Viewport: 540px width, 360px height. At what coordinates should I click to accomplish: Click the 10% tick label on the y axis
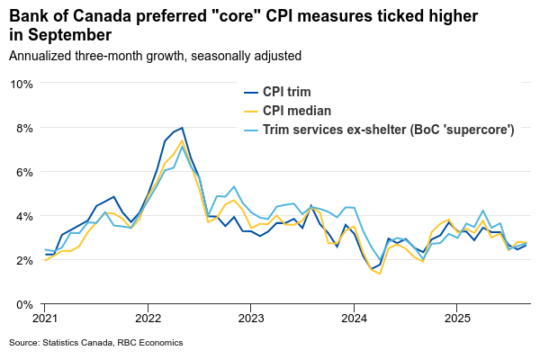(21, 84)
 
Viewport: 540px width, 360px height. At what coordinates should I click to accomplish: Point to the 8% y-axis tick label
(23, 128)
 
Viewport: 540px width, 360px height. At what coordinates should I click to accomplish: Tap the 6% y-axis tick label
(23, 172)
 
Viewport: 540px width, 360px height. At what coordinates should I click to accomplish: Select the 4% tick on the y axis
(23, 216)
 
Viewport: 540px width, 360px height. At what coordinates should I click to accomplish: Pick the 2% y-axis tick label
(23, 260)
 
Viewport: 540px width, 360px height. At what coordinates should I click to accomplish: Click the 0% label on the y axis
(23, 304)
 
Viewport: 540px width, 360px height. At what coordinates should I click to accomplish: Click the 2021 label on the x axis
(45, 319)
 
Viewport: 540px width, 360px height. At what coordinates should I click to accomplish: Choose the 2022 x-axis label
(148, 319)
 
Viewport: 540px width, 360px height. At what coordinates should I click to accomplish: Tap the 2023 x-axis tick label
(251, 319)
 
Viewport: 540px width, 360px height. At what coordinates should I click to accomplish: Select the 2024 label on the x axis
(354, 319)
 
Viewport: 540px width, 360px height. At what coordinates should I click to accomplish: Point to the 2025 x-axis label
(457, 319)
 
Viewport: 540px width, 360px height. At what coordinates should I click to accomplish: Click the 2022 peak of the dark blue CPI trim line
(183, 128)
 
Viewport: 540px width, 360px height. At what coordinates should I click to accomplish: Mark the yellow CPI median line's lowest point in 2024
(380, 274)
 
